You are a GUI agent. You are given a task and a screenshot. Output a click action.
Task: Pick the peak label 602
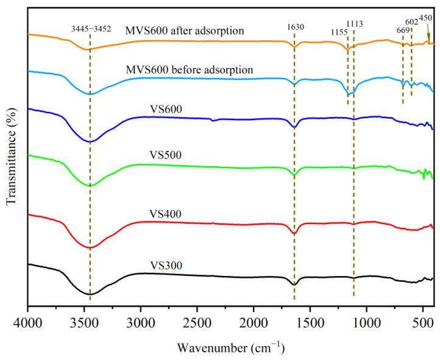[412, 22]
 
